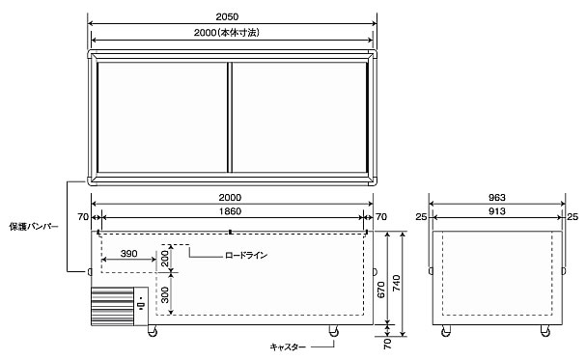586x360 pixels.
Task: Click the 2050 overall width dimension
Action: click(227, 16)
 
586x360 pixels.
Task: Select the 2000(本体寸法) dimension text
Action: click(227, 33)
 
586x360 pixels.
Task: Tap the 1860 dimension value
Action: click(230, 211)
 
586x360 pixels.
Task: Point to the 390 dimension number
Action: click(128, 254)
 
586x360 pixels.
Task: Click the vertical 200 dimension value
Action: click(165, 259)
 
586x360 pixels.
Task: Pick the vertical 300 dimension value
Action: click(165, 295)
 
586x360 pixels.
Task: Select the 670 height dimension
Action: click(380, 290)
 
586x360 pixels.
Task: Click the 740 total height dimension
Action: click(396, 283)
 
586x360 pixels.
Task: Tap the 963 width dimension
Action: click(496, 198)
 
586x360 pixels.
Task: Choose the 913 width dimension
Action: click(496, 211)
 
